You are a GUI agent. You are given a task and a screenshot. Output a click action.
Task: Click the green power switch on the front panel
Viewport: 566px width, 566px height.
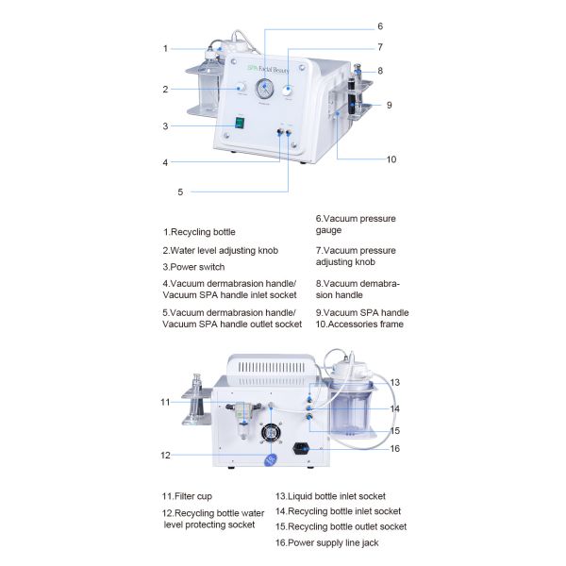(241, 123)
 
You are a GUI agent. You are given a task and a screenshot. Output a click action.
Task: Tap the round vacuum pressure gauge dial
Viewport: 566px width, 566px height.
(266, 90)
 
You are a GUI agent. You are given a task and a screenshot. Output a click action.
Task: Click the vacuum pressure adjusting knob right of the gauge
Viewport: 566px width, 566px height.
(289, 88)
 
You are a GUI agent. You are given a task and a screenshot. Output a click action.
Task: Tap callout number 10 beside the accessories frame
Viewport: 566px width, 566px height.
(391, 159)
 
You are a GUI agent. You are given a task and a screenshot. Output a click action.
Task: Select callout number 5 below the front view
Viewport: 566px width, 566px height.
(180, 191)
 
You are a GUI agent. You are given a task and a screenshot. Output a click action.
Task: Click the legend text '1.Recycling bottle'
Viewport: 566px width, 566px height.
(199, 231)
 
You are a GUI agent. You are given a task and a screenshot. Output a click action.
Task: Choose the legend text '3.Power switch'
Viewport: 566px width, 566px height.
(192, 267)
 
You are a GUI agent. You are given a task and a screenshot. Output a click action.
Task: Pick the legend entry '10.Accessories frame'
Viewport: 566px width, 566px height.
(358, 324)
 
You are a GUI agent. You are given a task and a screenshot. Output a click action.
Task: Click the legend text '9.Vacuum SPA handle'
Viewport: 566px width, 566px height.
(361, 312)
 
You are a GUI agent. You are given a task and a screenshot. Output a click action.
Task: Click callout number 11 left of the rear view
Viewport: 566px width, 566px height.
(165, 402)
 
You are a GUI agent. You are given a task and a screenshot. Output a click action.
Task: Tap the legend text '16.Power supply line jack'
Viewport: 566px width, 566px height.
(327, 542)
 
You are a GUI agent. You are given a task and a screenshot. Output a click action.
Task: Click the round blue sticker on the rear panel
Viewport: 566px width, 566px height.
(272, 459)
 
